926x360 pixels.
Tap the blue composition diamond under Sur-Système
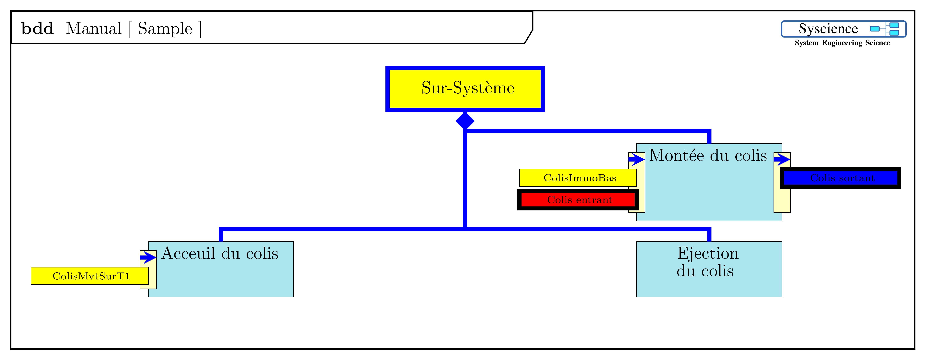(465, 121)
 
